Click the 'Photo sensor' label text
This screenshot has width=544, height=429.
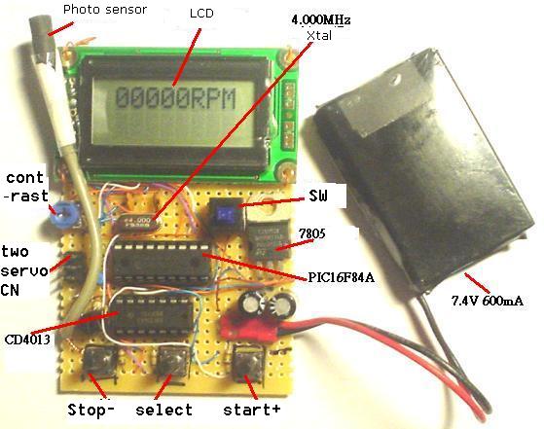(x=105, y=10)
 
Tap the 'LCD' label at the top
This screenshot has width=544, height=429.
(x=201, y=14)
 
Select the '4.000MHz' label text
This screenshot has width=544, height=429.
(x=321, y=19)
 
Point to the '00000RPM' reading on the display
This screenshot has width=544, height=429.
(x=175, y=98)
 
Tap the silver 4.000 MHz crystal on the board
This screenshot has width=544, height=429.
(x=138, y=222)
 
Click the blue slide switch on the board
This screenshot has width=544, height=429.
(x=225, y=213)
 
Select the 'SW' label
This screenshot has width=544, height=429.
(x=318, y=196)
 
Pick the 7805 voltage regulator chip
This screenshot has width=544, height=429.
(x=270, y=239)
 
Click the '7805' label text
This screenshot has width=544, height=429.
(x=312, y=234)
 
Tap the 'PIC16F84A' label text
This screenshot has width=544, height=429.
(x=342, y=277)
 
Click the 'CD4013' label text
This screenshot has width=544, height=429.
(x=27, y=340)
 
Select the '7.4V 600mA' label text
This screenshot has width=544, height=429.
(x=488, y=301)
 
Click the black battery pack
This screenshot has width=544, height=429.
(x=423, y=170)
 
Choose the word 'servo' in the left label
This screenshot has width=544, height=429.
(x=24, y=270)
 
